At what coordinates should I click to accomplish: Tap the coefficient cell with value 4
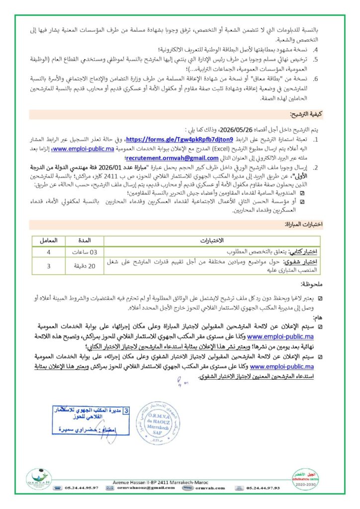[x=48, y=252]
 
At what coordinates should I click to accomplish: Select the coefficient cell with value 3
[x=48, y=266]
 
